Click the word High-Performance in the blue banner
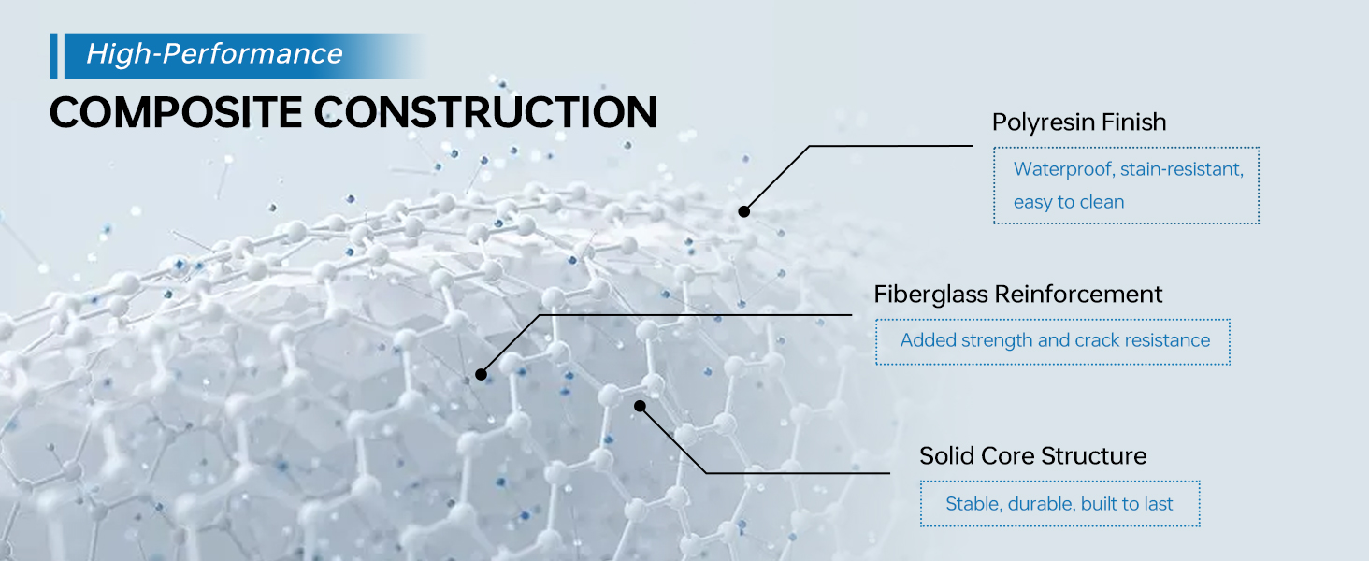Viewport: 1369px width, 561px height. pyautogui.click(x=214, y=54)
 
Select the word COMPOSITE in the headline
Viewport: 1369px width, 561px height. pyautogui.click(x=176, y=112)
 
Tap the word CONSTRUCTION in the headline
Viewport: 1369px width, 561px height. pyautogui.click(x=486, y=112)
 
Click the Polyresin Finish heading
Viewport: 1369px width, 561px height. pyautogui.click(x=1079, y=122)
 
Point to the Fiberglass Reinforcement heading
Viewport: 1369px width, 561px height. pyautogui.click(x=1017, y=295)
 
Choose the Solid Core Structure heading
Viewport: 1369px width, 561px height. pyautogui.click(x=1033, y=456)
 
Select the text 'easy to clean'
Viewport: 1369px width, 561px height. pyautogui.click(x=1069, y=202)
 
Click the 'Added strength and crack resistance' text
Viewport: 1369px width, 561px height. pyautogui.click(x=1055, y=340)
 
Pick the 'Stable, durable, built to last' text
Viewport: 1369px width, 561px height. pyautogui.click(x=1059, y=504)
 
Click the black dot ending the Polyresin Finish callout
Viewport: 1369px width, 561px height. pyautogui.click(x=743, y=211)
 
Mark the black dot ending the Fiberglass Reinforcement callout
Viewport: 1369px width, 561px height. pyautogui.click(x=481, y=375)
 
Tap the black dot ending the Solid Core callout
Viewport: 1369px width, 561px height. pyautogui.click(x=640, y=406)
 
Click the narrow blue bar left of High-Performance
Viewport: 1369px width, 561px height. pyautogui.click(x=54, y=55)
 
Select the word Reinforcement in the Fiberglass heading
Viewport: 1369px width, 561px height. pyautogui.click(x=1078, y=295)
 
